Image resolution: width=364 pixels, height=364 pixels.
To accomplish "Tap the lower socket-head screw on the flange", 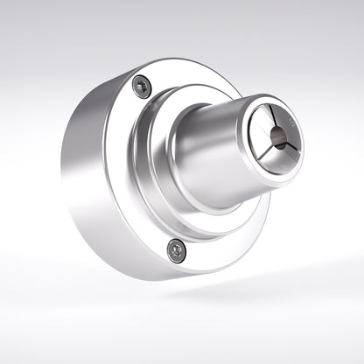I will click(x=176, y=250).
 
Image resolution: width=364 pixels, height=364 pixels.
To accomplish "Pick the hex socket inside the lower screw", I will click(x=176, y=250).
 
